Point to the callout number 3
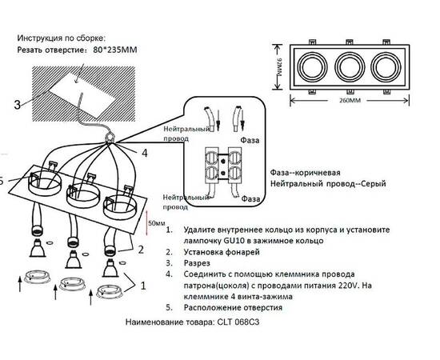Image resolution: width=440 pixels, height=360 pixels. (x=17, y=104)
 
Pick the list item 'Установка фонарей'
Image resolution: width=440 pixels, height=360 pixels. (x=225, y=250)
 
